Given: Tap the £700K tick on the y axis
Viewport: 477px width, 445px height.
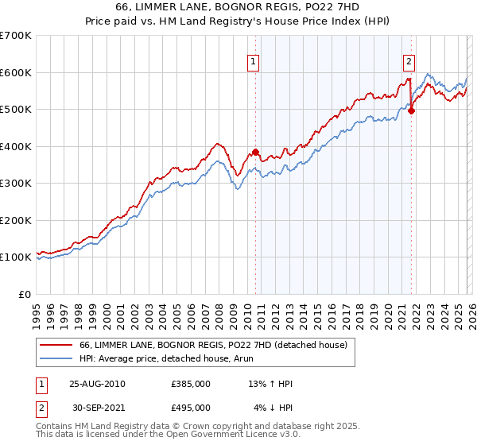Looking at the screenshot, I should (16, 36).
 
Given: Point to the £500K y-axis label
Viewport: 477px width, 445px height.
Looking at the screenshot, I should (16, 110).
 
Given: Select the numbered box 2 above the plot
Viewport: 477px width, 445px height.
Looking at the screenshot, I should (409, 61).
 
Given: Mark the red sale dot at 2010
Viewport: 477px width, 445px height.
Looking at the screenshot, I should (256, 152).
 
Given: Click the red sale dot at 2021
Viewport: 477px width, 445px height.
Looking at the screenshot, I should (412, 111).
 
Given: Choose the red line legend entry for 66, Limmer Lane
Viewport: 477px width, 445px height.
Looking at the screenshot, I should (213, 346).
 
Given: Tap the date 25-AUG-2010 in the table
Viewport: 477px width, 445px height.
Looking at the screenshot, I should (97, 384).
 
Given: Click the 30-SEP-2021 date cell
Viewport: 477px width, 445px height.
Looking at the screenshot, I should (97, 408).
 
